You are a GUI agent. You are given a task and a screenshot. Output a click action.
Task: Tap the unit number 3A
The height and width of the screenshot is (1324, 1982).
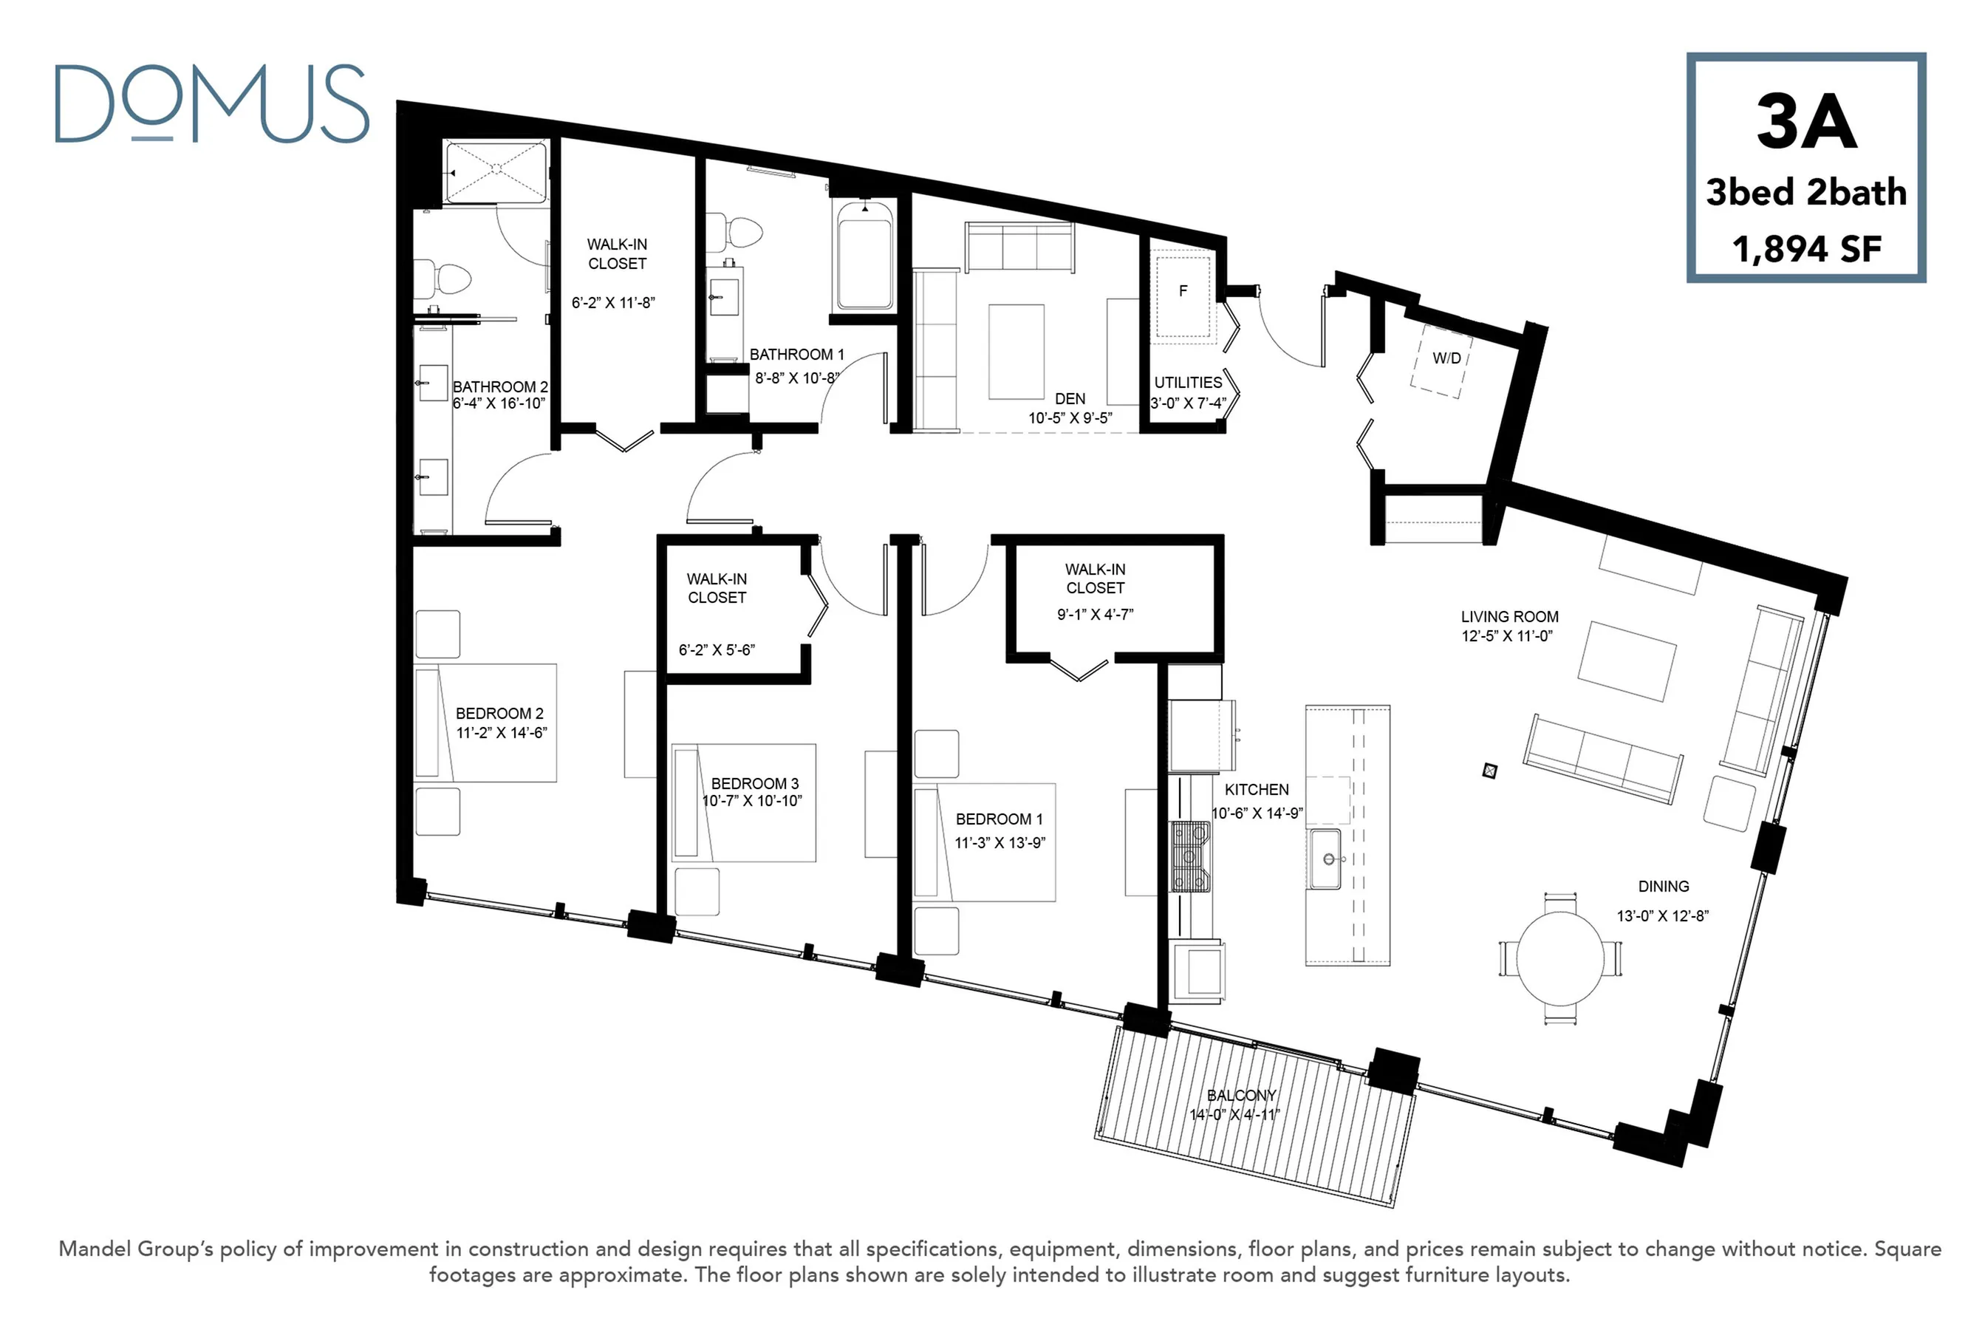pyautogui.click(x=1805, y=122)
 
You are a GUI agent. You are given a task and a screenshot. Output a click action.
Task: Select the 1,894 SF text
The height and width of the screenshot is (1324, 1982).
pyautogui.click(x=1806, y=249)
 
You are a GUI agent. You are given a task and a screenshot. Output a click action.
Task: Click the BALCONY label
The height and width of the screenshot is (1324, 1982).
pyautogui.click(x=1241, y=1095)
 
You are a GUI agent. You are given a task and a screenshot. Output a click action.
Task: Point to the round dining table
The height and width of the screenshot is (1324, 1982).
pyautogui.click(x=1560, y=958)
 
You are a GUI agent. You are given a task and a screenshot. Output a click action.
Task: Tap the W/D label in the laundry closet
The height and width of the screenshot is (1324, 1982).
pyautogui.click(x=1446, y=358)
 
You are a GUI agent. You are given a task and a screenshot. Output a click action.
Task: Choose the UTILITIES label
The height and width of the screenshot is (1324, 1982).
pyautogui.click(x=1188, y=383)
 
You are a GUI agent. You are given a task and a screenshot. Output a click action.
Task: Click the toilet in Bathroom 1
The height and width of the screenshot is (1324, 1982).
pyautogui.click(x=734, y=231)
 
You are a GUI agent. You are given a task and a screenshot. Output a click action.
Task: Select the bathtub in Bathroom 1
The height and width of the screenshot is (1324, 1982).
pyautogui.click(x=864, y=253)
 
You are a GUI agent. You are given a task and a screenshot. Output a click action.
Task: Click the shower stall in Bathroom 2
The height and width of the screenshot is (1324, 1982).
pyautogui.click(x=496, y=172)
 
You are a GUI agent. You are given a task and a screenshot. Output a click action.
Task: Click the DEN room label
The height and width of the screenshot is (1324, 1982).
pyautogui.click(x=1070, y=398)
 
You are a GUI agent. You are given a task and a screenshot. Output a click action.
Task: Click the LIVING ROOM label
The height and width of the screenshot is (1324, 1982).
pyautogui.click(x=1510, y=616)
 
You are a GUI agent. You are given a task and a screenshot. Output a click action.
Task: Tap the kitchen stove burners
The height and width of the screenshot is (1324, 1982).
pyautogui.click(x=1190, y=857)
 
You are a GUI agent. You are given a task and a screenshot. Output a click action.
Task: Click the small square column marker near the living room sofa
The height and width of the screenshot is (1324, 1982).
pyautogui.click(x=1490, y=770)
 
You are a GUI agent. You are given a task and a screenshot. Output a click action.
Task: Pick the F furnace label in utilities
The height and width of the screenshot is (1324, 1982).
pyautogui.click(x=1183, y=290)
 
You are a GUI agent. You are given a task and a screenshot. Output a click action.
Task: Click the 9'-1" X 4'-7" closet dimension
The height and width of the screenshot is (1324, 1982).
pyautogui.click(x=1095, y=614)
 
